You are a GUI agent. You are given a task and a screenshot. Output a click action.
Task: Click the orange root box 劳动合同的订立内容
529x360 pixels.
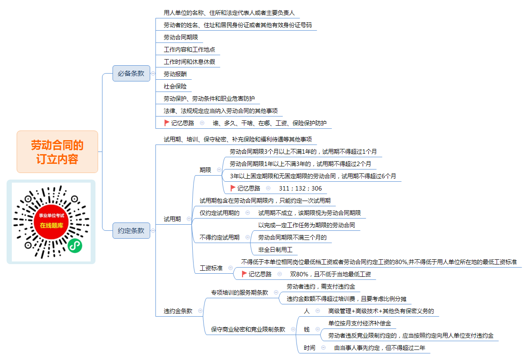point(57,152)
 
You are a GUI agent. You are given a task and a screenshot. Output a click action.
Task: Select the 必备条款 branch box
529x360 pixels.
point(131,74)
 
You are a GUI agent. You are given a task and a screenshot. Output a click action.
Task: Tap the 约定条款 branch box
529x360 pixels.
point(131,230)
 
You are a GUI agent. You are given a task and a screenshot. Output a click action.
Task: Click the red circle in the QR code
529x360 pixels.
point(51,222)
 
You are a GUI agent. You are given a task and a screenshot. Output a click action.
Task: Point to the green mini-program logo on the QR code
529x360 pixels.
point(75,246)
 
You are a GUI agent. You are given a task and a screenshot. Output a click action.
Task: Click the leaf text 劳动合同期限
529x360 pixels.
point(181,37)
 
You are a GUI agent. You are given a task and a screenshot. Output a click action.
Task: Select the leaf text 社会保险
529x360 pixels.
point(175,86)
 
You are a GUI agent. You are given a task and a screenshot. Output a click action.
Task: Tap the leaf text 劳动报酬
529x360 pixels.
point(175,74)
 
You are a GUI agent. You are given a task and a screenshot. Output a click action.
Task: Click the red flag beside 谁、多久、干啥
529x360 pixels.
point(167,123)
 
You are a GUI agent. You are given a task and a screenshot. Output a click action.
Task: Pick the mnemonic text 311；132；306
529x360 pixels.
point(300,188)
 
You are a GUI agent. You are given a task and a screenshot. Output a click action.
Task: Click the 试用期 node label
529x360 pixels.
point(172,219)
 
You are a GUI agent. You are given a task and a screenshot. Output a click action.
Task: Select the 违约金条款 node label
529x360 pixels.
point(178,311)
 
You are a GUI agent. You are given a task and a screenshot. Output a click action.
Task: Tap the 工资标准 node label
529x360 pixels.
point(211,268)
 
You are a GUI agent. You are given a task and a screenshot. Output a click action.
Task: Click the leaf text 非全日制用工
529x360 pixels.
point(275,250)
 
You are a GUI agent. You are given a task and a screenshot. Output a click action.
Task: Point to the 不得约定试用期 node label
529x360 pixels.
point(219,237)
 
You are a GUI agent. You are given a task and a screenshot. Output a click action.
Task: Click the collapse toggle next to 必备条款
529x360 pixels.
point(153,74)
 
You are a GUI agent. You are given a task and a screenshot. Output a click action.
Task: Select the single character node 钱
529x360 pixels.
point(307,329)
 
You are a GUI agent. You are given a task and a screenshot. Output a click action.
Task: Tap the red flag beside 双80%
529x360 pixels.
point(244,274)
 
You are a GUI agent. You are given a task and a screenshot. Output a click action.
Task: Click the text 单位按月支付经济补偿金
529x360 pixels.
point(360,323)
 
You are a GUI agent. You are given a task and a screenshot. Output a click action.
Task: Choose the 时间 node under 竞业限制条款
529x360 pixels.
point(309,348)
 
